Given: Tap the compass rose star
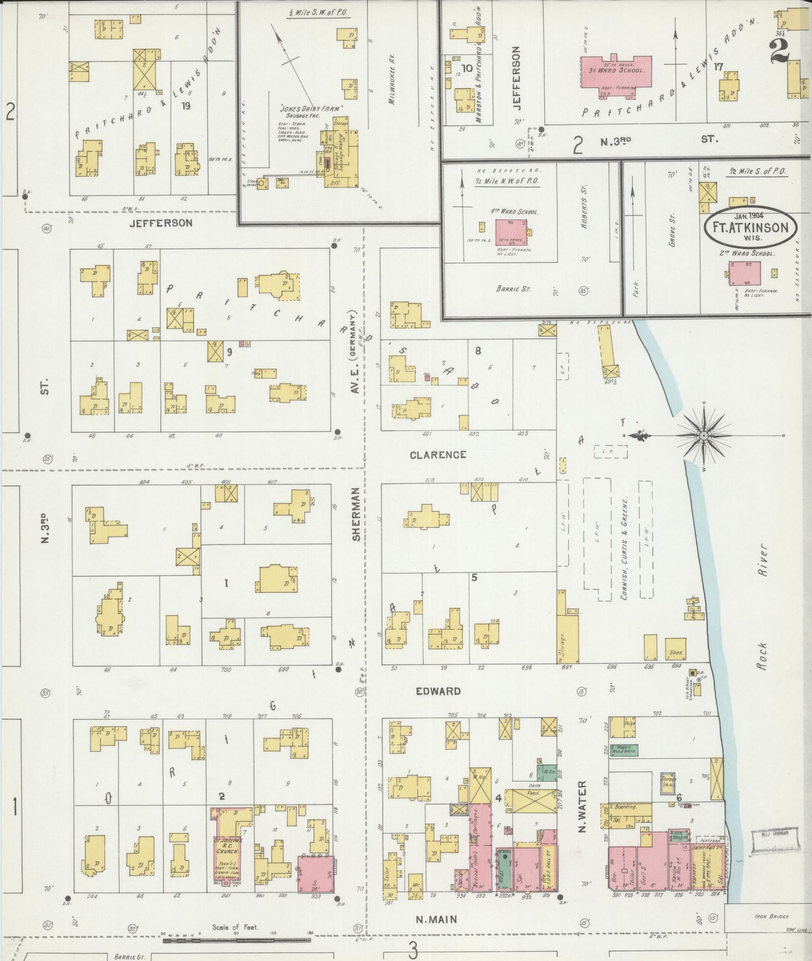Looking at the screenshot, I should (703, 436).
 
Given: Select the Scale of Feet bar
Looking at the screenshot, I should (239, 940).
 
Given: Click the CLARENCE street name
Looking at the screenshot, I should (438, 455).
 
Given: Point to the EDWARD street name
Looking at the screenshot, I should (438, 692).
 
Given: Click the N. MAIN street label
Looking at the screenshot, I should (436, 920).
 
